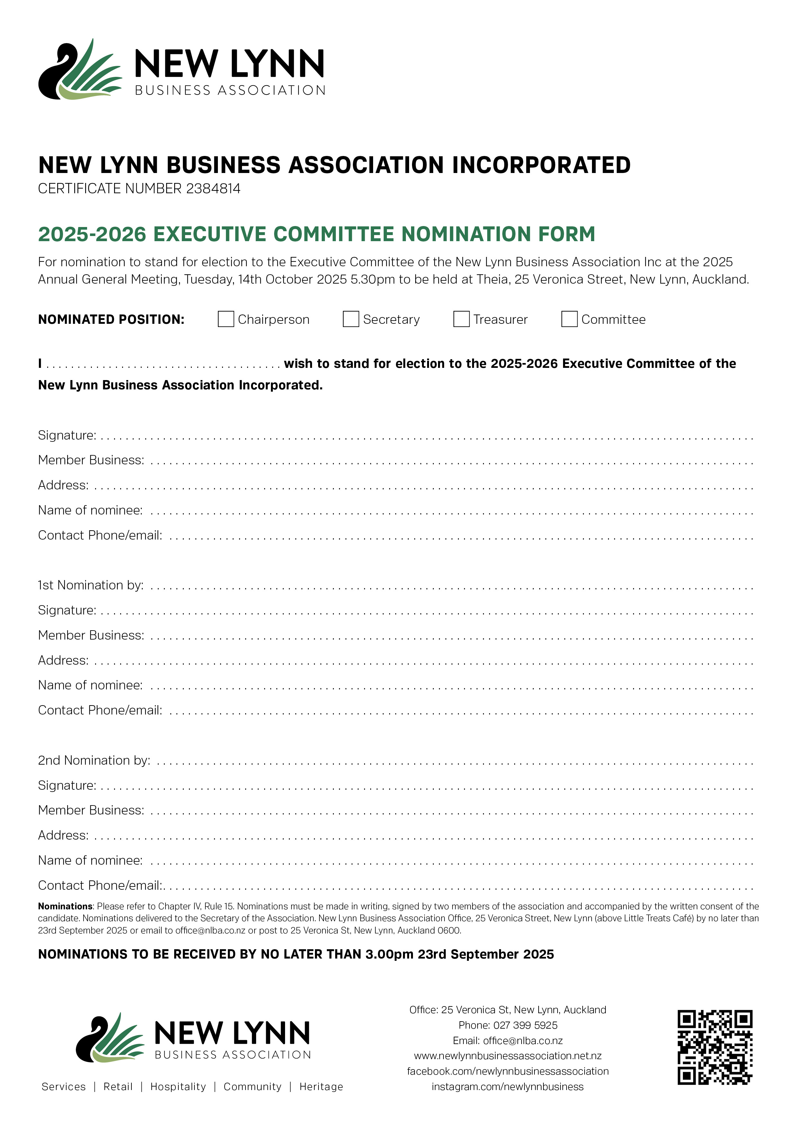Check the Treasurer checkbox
tap(461, 319)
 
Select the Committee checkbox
tap(569, 319)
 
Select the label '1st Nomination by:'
tap(91, 585)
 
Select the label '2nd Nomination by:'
tap(94, 760)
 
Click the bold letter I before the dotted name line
tap(40, 364)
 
